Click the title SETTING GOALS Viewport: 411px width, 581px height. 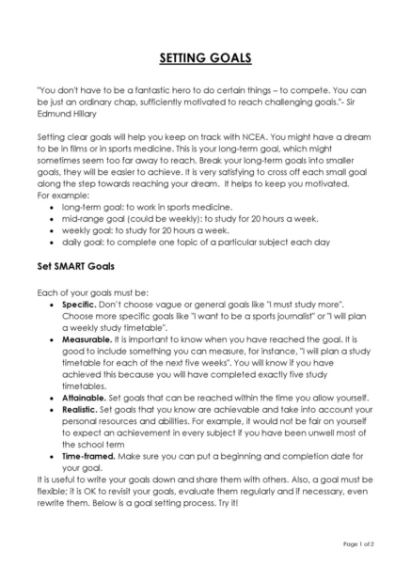[x=205, y=58]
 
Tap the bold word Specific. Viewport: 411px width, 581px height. [x=82, y=306]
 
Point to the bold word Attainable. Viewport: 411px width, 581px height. [x=87, y=397]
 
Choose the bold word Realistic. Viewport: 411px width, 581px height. [x=85, y=410]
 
